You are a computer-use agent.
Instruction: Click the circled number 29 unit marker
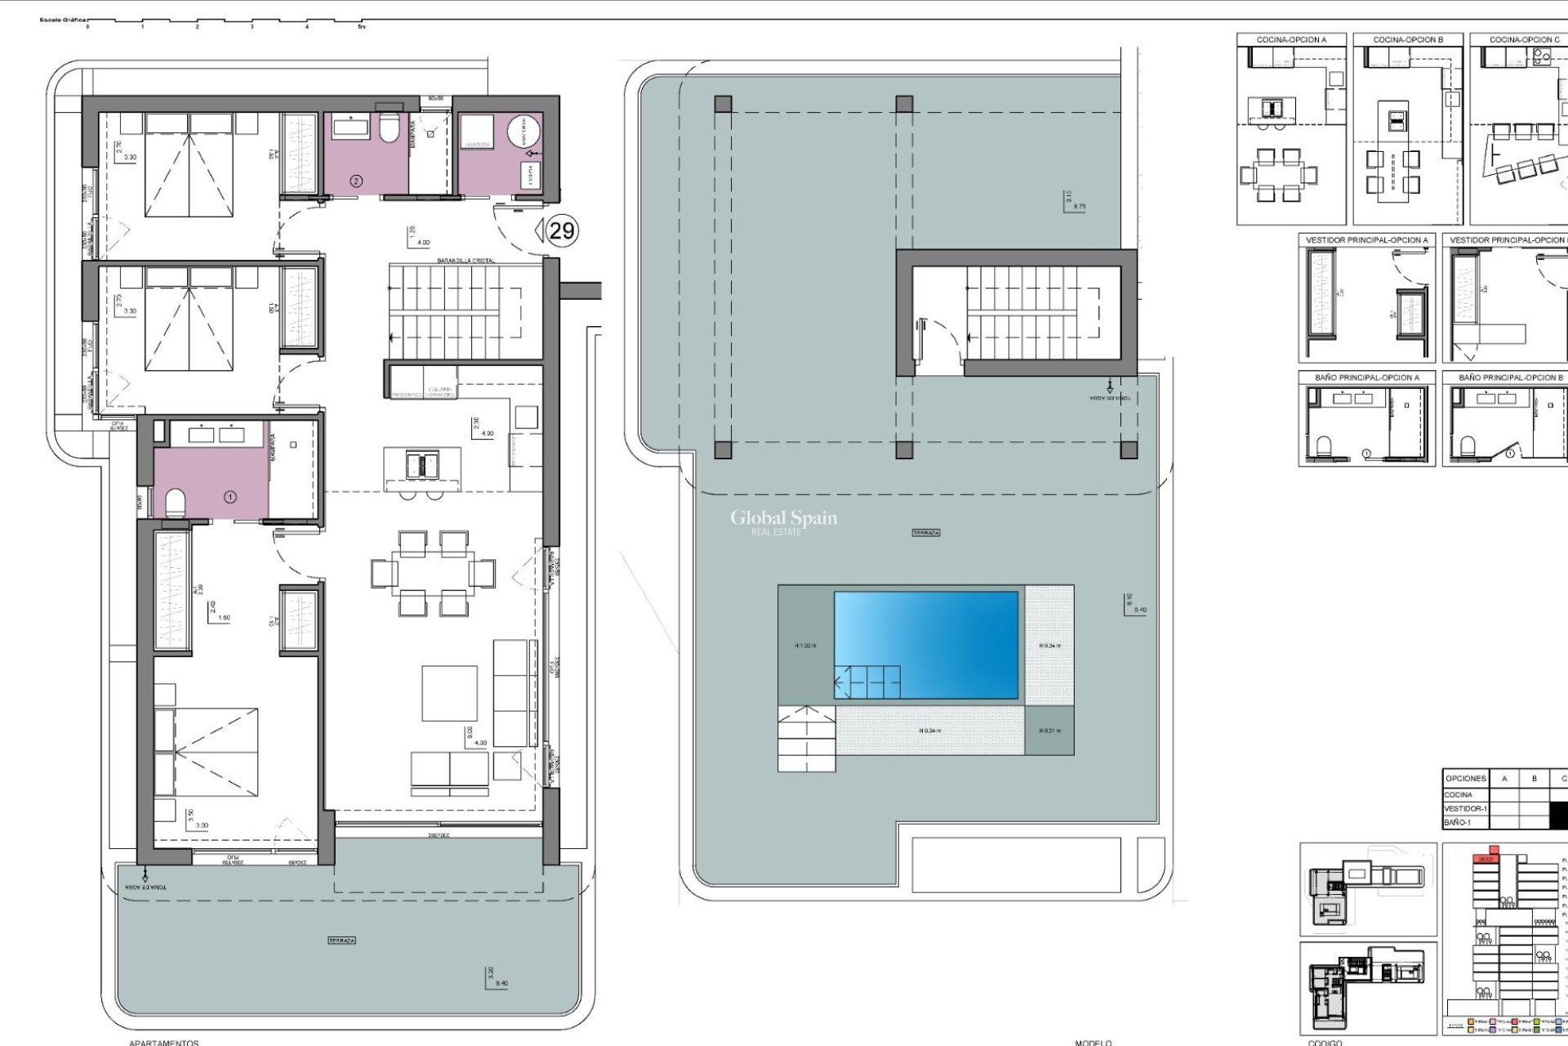tap(561, 230)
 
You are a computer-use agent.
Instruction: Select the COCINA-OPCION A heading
tap(1291, 39)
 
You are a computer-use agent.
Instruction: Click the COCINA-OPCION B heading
tap(1408, 39)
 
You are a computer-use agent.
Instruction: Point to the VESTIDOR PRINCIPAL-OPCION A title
tap(1366, 240)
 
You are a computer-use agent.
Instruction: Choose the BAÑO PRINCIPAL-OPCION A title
tap(1366, 378)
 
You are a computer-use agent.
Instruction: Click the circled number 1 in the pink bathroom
tap(230, 496)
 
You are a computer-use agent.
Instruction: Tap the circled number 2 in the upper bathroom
tap(356, 181)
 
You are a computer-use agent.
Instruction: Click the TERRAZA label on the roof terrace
tap(926, 533)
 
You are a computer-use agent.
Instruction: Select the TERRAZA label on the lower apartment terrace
tap(341, 941)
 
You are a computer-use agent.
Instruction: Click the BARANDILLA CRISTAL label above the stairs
tap(465, 260)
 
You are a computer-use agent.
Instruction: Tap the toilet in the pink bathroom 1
tap(176, 503)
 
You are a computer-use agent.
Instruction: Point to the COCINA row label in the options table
tap(1459, 794)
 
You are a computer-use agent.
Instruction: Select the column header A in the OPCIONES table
tap(1504, 779)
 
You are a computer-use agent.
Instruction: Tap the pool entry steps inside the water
tap(867, 682)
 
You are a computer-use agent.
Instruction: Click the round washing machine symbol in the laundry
tap(523, 131)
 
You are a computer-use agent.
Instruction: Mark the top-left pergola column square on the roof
tap(723, 104)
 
